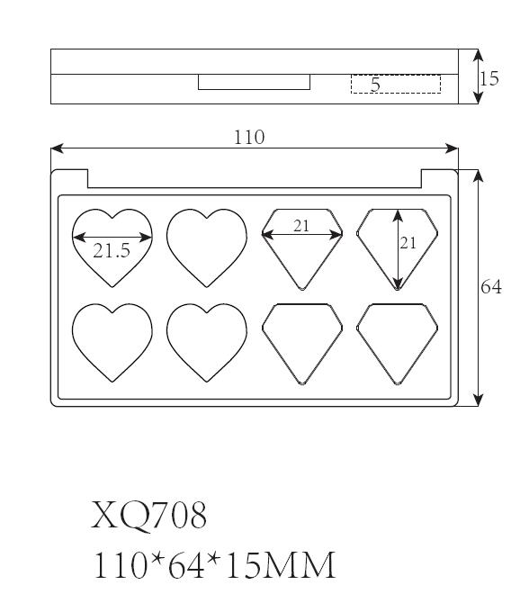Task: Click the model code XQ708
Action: [x=148, y=515]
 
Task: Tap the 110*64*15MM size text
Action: [x=214, y=564]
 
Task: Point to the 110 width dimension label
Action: [x=249, y=137]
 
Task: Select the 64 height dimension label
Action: [x=490, y=287]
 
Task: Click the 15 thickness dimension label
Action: [x=489, y=78]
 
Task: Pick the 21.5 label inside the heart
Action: [x=112, y=251]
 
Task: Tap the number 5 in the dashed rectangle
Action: [x=375, y=85]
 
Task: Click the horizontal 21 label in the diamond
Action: [x=301, y=226]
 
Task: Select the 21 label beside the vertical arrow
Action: [x=408, y=243]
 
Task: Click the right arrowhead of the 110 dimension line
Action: [x=452, y=148]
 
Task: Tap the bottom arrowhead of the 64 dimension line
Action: [x=479, y=400]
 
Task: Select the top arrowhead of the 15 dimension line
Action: [x=479, y=55]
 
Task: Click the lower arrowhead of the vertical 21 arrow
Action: [x=398, y=283]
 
